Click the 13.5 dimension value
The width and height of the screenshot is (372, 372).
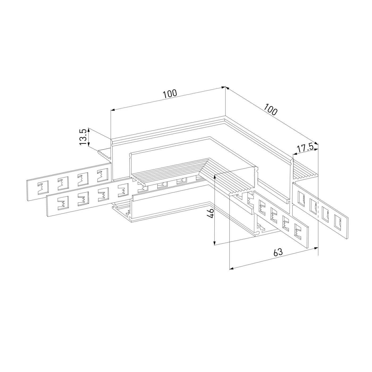coord(83,137)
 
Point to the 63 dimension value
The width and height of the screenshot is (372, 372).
coord(278,252)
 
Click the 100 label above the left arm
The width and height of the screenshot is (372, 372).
coord(170,94)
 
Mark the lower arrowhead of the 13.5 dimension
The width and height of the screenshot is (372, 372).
coord(89,145)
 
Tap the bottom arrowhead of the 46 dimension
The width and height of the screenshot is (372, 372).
coord(214,243)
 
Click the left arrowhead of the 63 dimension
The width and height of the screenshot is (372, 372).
coord(231,268)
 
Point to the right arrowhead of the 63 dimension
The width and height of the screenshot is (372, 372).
coord(316,248)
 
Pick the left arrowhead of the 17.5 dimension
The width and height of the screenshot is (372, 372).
coord(295,154)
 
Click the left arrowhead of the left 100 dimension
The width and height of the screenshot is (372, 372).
coord(113,110)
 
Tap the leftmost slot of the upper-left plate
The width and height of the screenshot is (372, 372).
coord(43,188)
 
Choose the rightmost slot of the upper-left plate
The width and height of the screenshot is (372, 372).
coord(103,175)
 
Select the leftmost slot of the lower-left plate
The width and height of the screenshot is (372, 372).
coord(63,204)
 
